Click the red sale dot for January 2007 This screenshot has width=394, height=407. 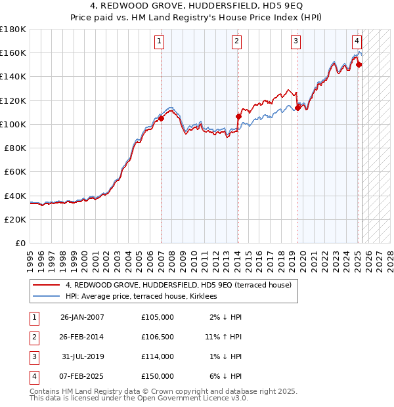tap(161, 119)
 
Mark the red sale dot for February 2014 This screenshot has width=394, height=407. tap(238, 117)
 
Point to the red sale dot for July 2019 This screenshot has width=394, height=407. tap(297, 108)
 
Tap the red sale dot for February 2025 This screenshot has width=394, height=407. tap(359, 64)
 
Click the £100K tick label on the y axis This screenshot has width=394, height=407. tap(12, 124)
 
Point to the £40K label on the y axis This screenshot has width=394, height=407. tap(15, 196)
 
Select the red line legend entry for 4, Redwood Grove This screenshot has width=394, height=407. tap(183, 285)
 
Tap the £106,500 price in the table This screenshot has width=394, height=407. tap(158, 337)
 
